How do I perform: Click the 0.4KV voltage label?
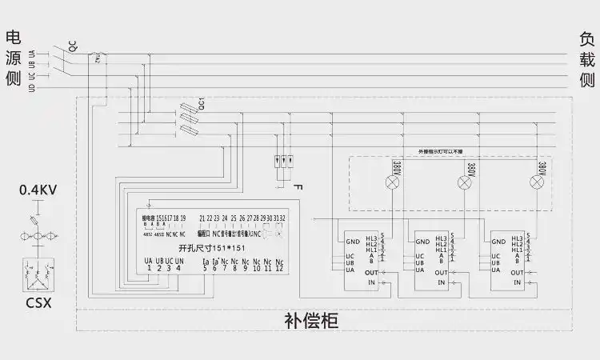tap(38, 190)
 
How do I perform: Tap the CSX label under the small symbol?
tap(37, 303)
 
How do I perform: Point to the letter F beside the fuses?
tap(298, 186)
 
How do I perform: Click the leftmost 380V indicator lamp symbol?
tap(393, 182)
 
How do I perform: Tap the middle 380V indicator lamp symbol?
tap(463, 182)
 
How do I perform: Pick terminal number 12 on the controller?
tap(278, 268)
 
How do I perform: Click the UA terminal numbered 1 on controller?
tap(149, 265)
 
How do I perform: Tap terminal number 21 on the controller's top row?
tap(202, 218)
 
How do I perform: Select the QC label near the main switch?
tap(73, 47)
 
